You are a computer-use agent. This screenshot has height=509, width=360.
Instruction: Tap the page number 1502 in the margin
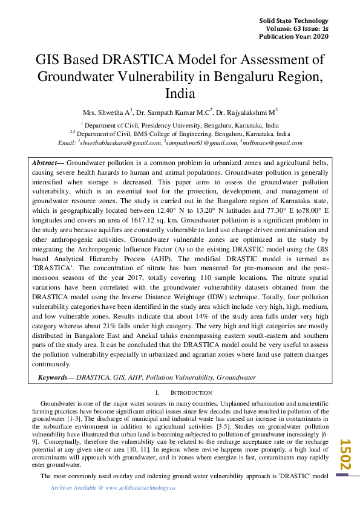(345, 455)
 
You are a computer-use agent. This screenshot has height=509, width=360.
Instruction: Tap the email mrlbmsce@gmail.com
(272, 143)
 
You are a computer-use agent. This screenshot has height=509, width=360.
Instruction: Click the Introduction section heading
(182, 393)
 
